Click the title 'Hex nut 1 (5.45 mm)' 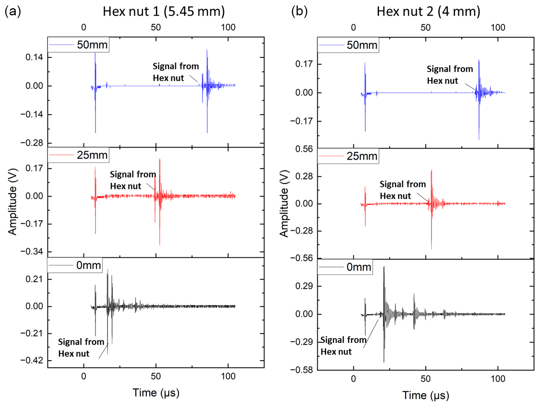coord(164,11)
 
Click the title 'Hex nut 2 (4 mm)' coord(428,11)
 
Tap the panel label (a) coord(13,11)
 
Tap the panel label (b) coord(299,11)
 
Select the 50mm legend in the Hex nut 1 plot coord(78,45)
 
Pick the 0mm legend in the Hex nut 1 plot coord(75,266)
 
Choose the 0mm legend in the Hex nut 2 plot coord(345,268)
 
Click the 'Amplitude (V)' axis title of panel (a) coord(13,202)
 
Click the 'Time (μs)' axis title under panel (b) coord(426,395)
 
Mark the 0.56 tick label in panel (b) coord(304,149)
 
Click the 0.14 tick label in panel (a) coord(34,57)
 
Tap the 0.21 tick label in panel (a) coord(34,279)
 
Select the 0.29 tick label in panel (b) coord(304,286)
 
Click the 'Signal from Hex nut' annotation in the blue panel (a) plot coord(176,72)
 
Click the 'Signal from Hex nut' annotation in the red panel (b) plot coord(403,190)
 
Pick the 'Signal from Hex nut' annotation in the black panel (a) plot coord(81,348)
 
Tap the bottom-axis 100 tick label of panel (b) coord(498,379)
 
